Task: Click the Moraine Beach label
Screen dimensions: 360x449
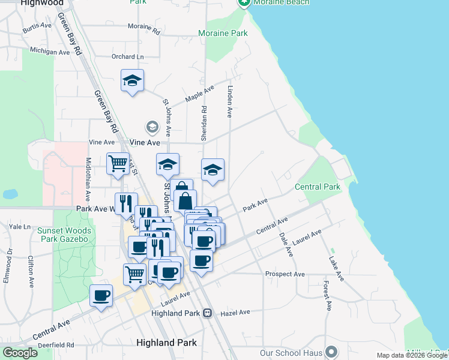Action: coord(282,2)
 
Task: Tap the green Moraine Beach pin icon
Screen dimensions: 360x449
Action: coord(244,2)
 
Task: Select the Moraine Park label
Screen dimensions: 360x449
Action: coord(223,34)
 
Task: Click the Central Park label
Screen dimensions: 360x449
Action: coord(318,187)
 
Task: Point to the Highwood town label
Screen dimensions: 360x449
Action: coord(42,3)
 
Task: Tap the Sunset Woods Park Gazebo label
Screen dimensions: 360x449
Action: coord(64,235)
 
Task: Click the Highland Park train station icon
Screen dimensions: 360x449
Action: coord(207,313)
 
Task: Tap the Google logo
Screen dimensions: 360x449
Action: coord(20,353)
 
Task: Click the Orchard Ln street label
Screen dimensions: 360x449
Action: coord(128,57)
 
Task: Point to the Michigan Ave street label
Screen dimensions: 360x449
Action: coord(50,52)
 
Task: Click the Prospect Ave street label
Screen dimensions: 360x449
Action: coord(285,274)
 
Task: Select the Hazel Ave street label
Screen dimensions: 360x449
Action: coord(235,313)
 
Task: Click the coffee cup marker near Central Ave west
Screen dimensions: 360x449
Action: coord(101,296)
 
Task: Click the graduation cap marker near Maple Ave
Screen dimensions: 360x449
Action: coord(132,80)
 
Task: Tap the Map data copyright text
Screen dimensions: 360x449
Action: coord(412,355)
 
